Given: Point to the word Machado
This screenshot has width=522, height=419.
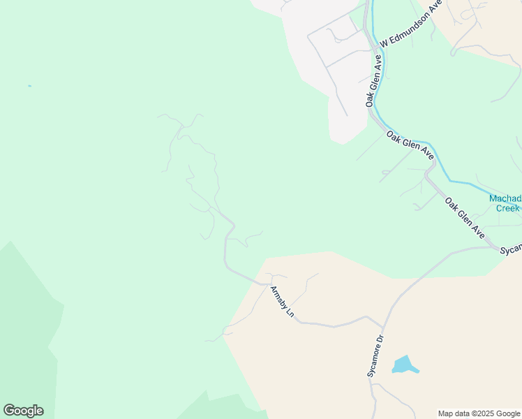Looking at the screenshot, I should [505, 198].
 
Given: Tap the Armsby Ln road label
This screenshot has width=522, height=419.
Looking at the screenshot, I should [283, 302].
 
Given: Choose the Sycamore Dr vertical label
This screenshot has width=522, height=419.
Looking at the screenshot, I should [375, 357].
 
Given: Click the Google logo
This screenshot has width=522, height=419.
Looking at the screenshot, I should [23, 411].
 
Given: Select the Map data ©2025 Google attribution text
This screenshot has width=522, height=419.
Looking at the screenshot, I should [479, 413].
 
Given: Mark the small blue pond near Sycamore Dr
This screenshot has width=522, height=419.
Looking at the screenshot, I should [403, 365].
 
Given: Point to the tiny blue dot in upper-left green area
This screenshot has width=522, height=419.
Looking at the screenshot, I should [29, 86].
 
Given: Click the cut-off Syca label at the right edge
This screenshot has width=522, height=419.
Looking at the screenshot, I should [512, 249].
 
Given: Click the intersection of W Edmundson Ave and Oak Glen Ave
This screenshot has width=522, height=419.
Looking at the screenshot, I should [377, 48].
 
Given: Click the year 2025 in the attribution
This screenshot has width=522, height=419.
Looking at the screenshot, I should [480, 413].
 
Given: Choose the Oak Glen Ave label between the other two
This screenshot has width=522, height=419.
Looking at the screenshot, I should [410, 146].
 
